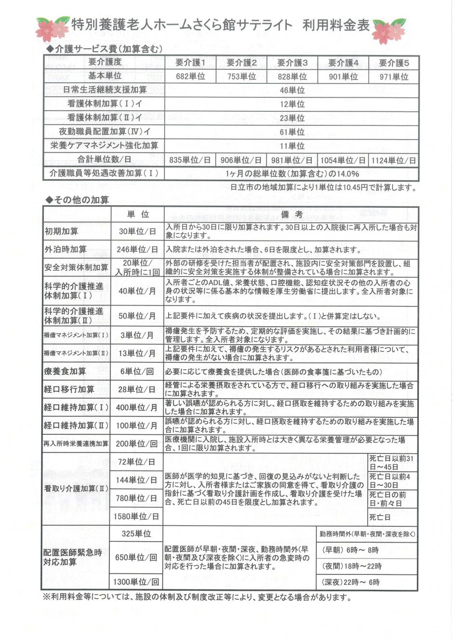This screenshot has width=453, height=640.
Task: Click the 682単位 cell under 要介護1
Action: pos(190,77)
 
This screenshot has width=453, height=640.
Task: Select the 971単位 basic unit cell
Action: pos(393,77)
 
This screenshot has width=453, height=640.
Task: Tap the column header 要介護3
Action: pos(292,63)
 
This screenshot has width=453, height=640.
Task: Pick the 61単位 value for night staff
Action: pos(292,132)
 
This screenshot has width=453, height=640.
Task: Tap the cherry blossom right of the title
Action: pos(389,29)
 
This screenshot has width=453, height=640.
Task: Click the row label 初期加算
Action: pos(61,231)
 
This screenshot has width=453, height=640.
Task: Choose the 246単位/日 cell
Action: pos(137,250)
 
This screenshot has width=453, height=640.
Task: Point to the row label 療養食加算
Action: pos(65,371)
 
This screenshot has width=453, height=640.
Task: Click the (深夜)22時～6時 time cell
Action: pos(350,582)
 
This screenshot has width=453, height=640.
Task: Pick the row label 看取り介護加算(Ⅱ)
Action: pos(76,489)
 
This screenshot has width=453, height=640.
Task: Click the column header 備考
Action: pos(292,214)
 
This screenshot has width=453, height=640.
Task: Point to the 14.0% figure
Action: pos(347,174)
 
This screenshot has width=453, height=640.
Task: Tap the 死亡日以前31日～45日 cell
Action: pos(391,463)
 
